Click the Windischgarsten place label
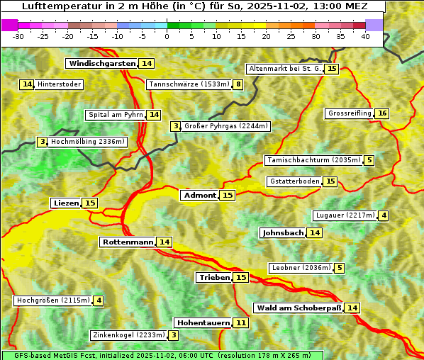pyautogui.click(x=102, y=64)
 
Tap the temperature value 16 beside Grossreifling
pyautogui.click(x=382, y=114)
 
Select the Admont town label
pyautogui.click(x=199, y=196)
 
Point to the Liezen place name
pyautogui.click(x=66, y=203)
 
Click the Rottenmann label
pyautogui.click(x=128, y=242)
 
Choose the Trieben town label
pyautogui.click(x=214, y=278)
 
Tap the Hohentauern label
pyautogui.click(x=203, y=323)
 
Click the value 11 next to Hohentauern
pyautogui.click(x=241, y=323)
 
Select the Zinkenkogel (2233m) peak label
pyautogui.click(x=128, y=335)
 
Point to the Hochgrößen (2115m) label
pyautogui.click(x=53, y=300)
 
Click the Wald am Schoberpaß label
pyautogui.click(x=299, y=308)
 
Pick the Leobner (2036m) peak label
pyautogui.click(x=301, y=268)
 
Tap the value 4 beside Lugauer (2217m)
pyautogui.click(x=384, y=216)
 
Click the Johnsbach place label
pyautogui.click(x=283, y=233)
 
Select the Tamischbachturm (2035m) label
pyautogui.click(x=313, y=160)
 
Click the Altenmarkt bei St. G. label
pyautogui.click(x=284, y=69)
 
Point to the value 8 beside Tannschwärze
pyautogui.click(x=239, y=85)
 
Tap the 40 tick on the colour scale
pyautogui.click(x=366, y=37)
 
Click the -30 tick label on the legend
pyautogui.click(x=18, y=37)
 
